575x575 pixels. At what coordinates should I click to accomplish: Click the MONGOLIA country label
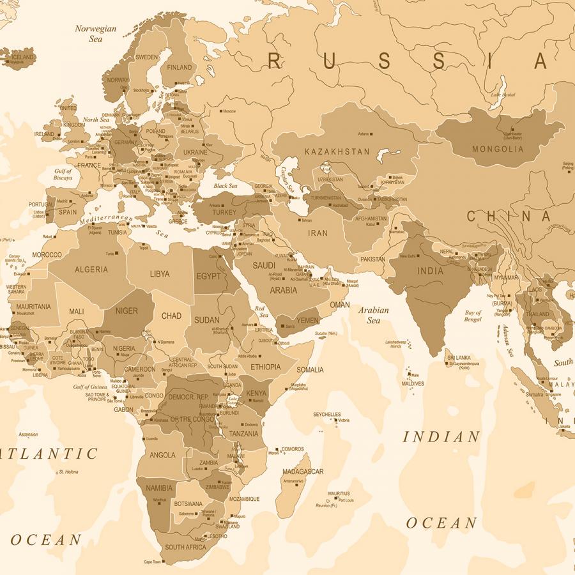click(x=498, y=149)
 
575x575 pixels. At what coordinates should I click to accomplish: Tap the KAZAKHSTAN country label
click(x=337, y=151)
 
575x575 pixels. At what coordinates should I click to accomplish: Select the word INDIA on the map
click(x=430, y=271)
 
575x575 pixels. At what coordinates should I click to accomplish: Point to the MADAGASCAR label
click(x=303, y=471)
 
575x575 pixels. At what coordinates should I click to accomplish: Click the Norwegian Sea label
click(x=96, y=33)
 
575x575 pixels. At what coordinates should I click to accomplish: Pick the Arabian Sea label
click(x=373, y=315)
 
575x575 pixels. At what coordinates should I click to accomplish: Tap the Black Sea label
click(x=225, y=186)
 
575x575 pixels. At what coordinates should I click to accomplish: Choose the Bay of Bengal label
click(x=473, y=316)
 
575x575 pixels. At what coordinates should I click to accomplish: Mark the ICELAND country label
click(x=22, y=57)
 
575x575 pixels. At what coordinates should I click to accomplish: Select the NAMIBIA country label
click(x=159, y=488)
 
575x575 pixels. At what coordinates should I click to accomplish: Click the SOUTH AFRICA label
click(x=185, y=547)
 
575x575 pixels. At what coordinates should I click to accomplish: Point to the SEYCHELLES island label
click(x=326, y=415)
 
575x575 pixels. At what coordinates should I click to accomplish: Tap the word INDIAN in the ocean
click(x=441, y=437)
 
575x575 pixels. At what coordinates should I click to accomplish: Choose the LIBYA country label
click(x=160, y=273)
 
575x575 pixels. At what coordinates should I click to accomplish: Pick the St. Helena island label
click(x=68, y=472)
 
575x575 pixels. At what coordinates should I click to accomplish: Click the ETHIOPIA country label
click(x=265, y=367)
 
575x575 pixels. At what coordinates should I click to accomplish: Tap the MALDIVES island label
click(x=413, y=383)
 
